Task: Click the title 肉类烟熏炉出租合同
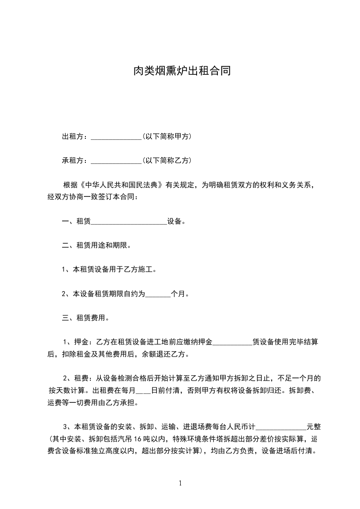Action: point(180,71)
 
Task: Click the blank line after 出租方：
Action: point(117,137)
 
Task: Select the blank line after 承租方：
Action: point(117,161)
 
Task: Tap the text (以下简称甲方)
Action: point(166,137)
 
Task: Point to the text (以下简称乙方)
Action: point(166,161)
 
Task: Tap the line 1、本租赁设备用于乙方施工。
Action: point(109,269)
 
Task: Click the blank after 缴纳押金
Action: point(232,342)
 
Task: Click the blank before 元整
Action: point(282,427)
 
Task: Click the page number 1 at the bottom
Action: point(180,483)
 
